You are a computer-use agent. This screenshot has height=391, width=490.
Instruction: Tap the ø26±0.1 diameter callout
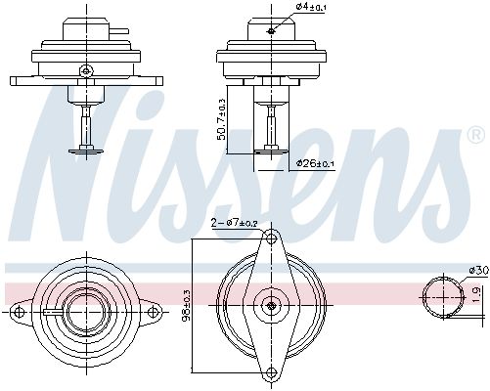pos(314,162)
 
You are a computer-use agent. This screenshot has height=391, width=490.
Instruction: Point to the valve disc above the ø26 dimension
pos(269,148)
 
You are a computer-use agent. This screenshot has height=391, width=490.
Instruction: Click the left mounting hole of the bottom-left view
pos(18,313)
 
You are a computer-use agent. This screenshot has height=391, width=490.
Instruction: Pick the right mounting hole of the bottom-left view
pos(152,313)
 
